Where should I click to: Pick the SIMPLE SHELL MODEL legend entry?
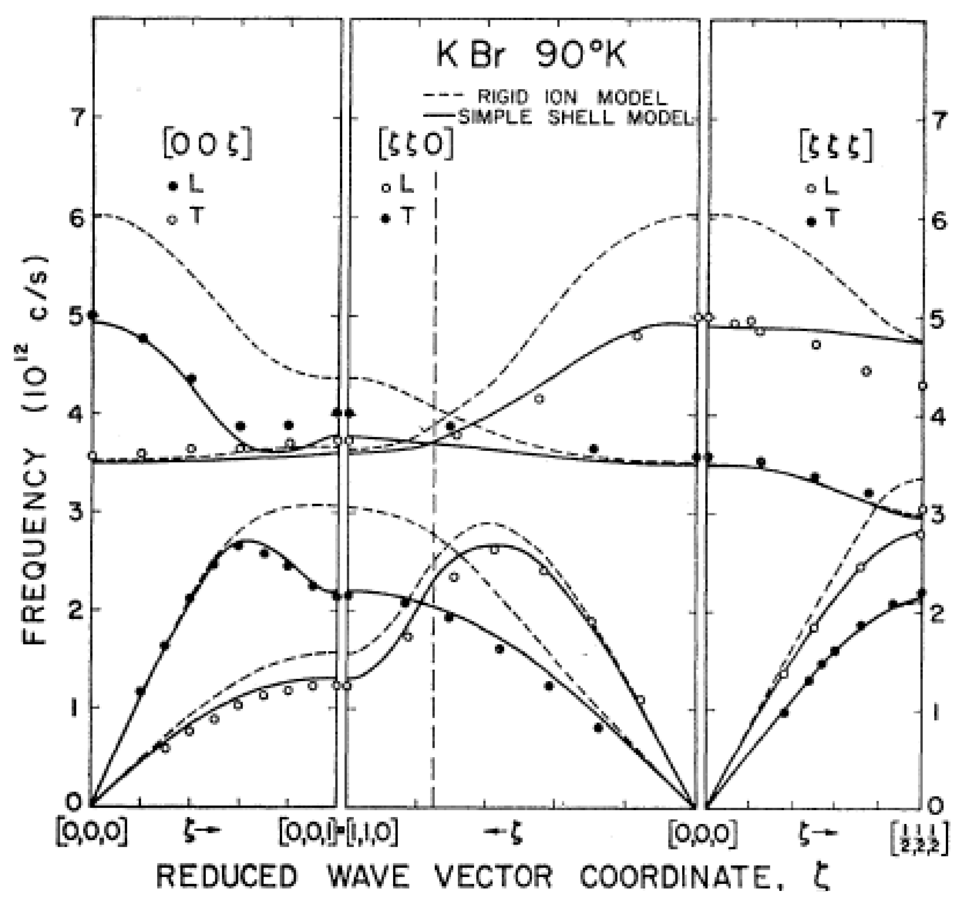574,118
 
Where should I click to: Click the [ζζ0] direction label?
416,145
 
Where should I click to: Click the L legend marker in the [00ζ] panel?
171,186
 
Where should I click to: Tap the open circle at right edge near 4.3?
923,386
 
